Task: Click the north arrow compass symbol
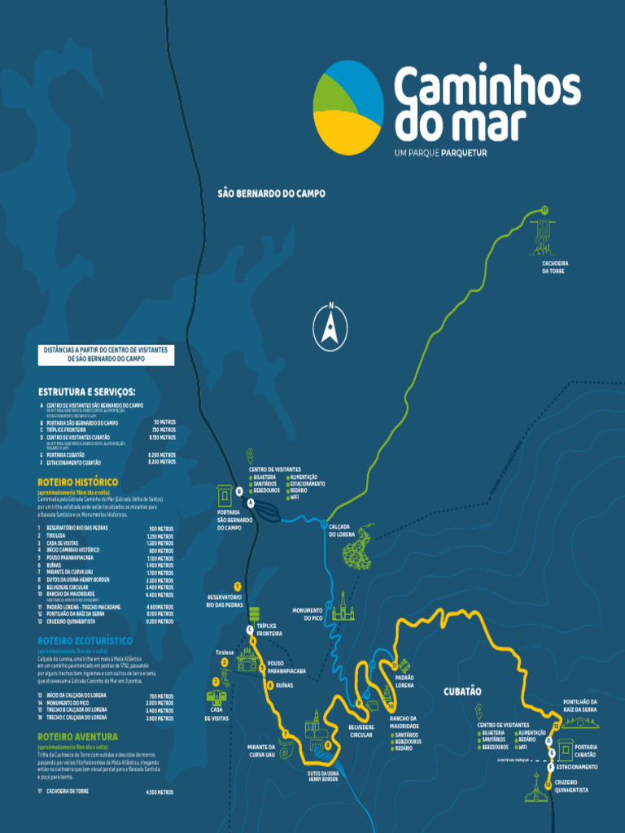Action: click(x=330, y=326)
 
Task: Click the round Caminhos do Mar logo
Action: click(x=348, y=107)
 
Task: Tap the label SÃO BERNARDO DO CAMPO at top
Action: click(x=271, y=194)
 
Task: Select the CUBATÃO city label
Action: click(x=462, y=691)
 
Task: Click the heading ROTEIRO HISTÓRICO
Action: click(x=77, y=482)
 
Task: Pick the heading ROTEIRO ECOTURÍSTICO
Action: click(x=85, y=641)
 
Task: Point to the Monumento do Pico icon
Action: click(x=343, y=606)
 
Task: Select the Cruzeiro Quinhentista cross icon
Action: click(x=535, y=787)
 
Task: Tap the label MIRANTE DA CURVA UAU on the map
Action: click(x=261, y=750)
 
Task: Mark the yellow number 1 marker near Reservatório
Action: click(x=238, y=586)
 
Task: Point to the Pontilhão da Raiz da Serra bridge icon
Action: click(x=579, y=721)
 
